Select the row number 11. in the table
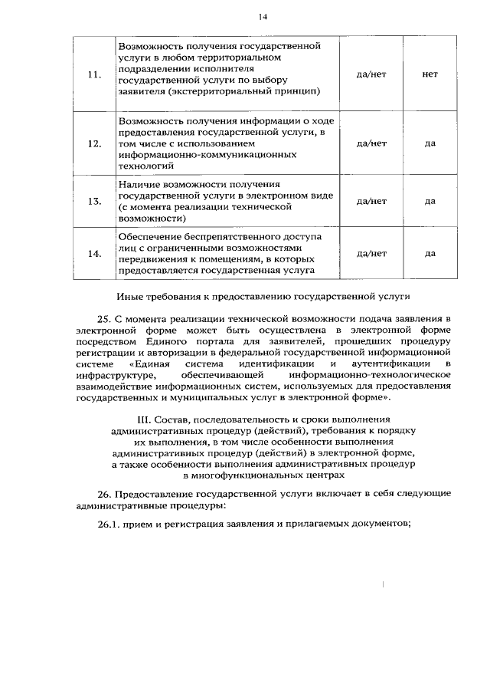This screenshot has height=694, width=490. pyautogui.click(x=94, y=75)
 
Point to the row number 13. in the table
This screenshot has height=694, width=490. pyautogui.click(x=94, y=201)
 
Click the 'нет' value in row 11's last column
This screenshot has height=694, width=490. pyautogui.click(x=430, y=75)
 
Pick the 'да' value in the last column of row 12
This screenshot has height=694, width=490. pyautogui.click(x=430, y=143)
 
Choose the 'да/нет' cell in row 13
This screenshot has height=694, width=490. pyautogui.click(x=372, y=201)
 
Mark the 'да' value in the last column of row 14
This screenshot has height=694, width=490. pyautogui.click(x=430, y=253)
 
